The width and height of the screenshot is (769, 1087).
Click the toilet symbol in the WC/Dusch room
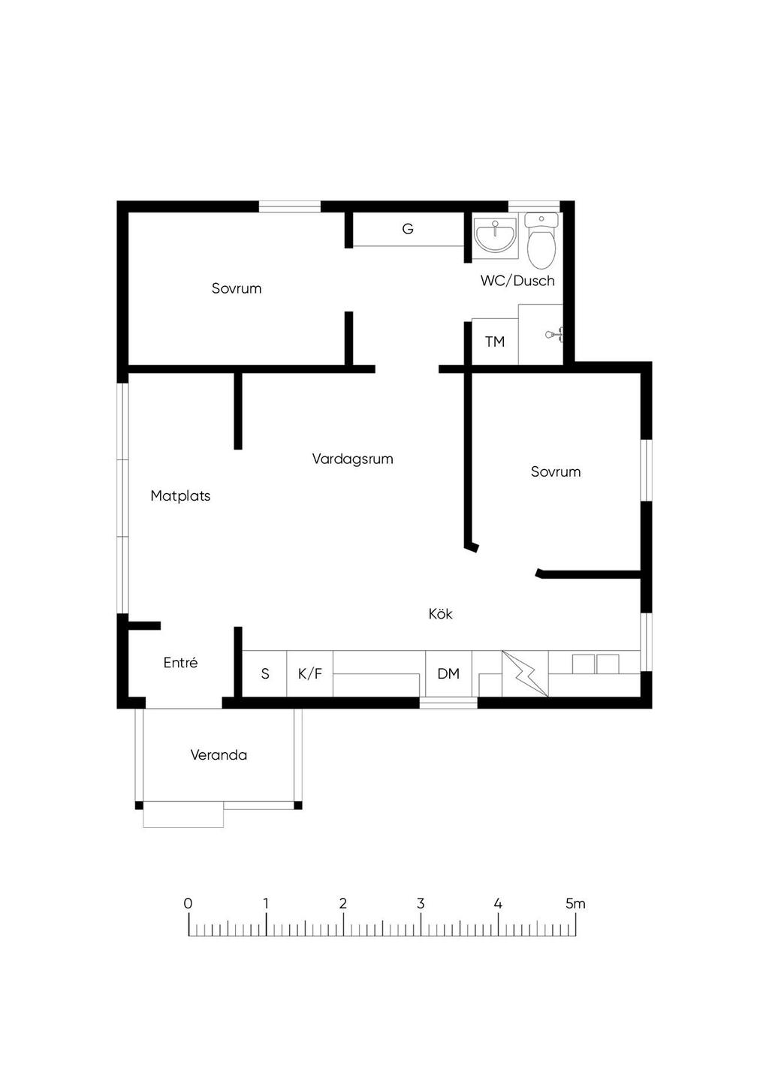[x=541, y=241]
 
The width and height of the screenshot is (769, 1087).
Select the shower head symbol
[x=553, y=334]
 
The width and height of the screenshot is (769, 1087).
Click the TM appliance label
[x=495, y=342]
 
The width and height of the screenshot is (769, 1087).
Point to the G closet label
[x=408, y=228]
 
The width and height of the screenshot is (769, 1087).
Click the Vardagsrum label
[x=352, y=459]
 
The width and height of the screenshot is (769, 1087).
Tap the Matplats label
[x=180, y=495]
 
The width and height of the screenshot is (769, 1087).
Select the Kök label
[x=440, y=613]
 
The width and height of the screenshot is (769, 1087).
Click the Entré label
[x=180, y=662]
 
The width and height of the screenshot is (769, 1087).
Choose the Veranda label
[x=219, y=754]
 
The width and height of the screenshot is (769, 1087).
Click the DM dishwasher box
[x=448, y=673]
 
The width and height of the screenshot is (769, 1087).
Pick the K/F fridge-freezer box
[x=309, y=673]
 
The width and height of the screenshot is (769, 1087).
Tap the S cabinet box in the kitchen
[x=264, y=673]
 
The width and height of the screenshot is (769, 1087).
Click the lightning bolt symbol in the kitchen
[x=525, y=673]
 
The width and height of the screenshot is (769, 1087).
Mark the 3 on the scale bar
[x=421, y=904]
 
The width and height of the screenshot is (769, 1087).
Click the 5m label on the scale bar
[x=575, y=904]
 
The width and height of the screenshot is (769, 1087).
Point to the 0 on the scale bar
[x=188, y=904]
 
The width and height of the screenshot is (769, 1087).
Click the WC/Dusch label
[x=517, y=281]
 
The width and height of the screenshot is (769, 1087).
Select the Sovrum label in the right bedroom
[x=556, y=471]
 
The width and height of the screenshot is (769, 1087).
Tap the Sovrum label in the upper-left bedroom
[x=237, y=288]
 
